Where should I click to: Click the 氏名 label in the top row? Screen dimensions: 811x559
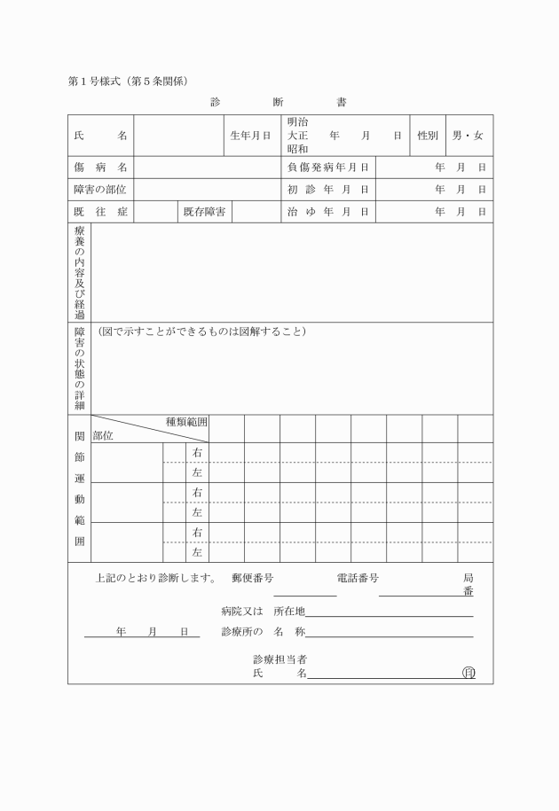tap(100, 136)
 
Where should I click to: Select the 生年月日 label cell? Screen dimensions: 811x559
tap(250, 136)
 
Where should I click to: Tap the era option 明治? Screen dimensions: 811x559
tap(297, 121)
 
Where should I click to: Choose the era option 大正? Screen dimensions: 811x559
tap(297, 136)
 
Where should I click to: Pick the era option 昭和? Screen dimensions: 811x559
tap(297, 150)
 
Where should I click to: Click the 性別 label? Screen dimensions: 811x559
tap(428, 136)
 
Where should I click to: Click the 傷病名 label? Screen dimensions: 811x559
tap(100, 167)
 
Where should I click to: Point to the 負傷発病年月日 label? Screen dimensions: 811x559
tap(327, 167)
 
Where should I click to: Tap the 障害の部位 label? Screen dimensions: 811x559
tap(100, 190)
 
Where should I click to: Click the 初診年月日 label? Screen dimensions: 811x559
tap(327, 190)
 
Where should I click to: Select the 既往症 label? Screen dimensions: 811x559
tap(100, 212)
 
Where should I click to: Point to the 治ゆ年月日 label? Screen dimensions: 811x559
tap(327, 212)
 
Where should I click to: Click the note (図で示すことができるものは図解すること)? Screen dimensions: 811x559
tap(201, 331)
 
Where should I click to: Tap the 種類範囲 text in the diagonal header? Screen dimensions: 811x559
tap(186, 422)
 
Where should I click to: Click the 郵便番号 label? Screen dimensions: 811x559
tap(252, 578)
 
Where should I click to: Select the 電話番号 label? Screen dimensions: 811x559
tap(358, 578)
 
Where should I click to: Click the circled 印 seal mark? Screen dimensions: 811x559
tap(468, 673)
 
